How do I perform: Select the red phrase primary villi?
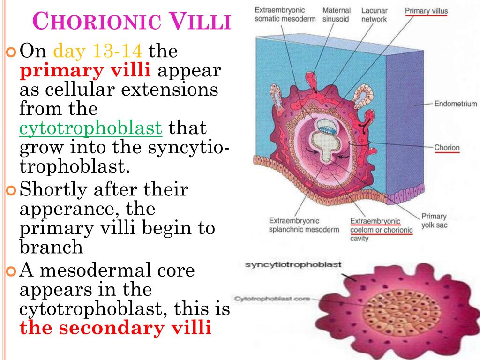click(x=85, y=70)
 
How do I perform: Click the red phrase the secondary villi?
click(x=115, y=328)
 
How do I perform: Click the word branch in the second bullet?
click(x=51, y=247)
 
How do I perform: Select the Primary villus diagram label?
click(x=426, y=11)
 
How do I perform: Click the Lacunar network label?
click(x=374, y=15)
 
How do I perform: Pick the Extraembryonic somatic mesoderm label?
click(x=280, y=15)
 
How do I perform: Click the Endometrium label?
click(x=456, y=104)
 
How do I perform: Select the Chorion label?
click(x=447, y=148)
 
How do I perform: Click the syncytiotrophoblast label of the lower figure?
click(x=293, y=265)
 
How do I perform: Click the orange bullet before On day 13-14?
click(x=12, y=50)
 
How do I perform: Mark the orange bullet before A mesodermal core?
click(x=12, y=271)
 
